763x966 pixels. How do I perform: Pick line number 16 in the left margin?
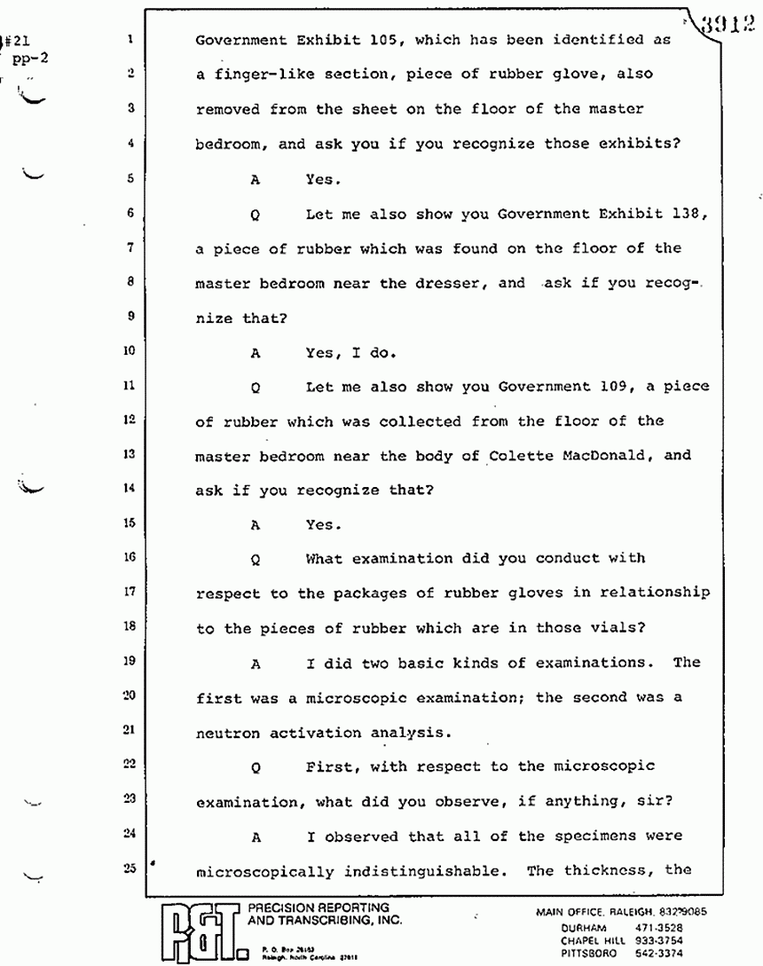(130, 560)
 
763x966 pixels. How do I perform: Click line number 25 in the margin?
(130, 870)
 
